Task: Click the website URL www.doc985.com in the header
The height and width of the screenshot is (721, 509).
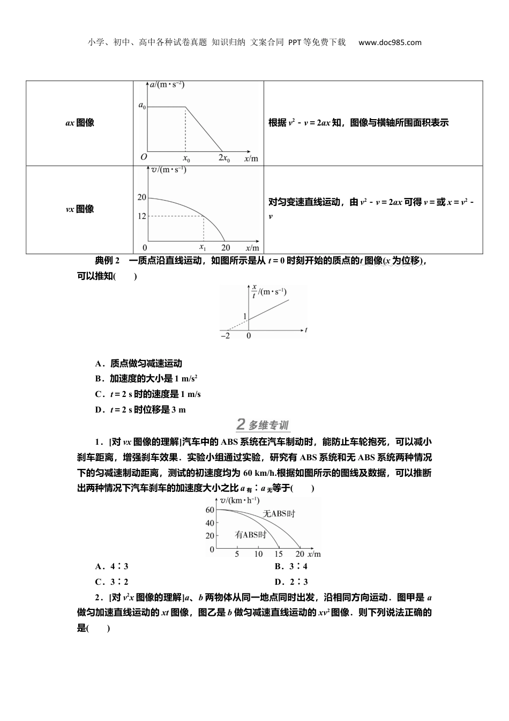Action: click(x=390, y=42)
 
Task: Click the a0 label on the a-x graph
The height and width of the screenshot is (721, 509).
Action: click(x=142, y=106)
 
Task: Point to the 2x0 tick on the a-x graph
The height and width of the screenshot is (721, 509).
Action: click(x=224, y=158)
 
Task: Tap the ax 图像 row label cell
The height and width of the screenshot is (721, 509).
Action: click(x=79, y=123)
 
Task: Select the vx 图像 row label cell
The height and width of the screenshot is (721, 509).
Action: click(x=79, y=209)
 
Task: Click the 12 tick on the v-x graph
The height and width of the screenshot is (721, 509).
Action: click(x=141, y=216)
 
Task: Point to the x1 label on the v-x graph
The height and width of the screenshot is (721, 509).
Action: click(x=203, y=247)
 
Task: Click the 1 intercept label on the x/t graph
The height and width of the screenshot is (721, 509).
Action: click(x=245, y=317)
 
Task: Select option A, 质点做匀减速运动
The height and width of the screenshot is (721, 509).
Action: click(x=139, y=364)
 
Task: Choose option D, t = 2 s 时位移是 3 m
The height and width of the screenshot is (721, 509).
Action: click(x=140, y=410)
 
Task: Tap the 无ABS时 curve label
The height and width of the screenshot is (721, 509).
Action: click(x=279, y=513)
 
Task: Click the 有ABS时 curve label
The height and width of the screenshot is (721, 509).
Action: click(x=250, y=535)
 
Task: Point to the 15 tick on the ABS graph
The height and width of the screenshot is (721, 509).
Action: click(x=279, y=554)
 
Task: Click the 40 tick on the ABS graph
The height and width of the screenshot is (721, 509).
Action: click(x=209, y=523)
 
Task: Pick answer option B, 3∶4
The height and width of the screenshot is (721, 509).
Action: click(x=291, y=566)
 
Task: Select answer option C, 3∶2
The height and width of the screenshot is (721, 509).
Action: click(x=111, y=582)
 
